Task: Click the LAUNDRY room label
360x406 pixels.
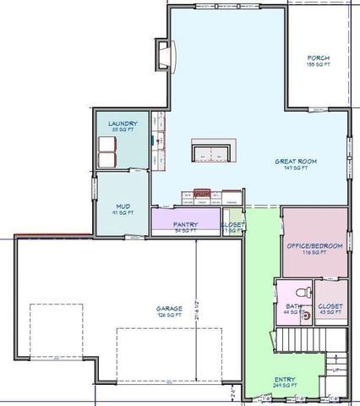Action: click(x=122, y=123)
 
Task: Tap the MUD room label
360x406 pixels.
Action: click(x=122, y=205)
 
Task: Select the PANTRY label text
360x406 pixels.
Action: click(x=185, y=224)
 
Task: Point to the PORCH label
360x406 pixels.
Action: click(x=318, y=58)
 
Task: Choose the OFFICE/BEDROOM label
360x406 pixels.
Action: click(x=314, y=245)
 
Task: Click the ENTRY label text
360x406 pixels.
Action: click(x=284, y=380)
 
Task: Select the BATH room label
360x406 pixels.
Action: click(x=293, y=306)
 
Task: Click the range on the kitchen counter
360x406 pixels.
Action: click(x=202, y=196)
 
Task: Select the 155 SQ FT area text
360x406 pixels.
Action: click(x=318, y=65)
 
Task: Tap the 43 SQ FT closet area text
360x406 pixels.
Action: click(x=330, y=313)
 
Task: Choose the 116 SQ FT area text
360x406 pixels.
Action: click(x=314, y=252)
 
